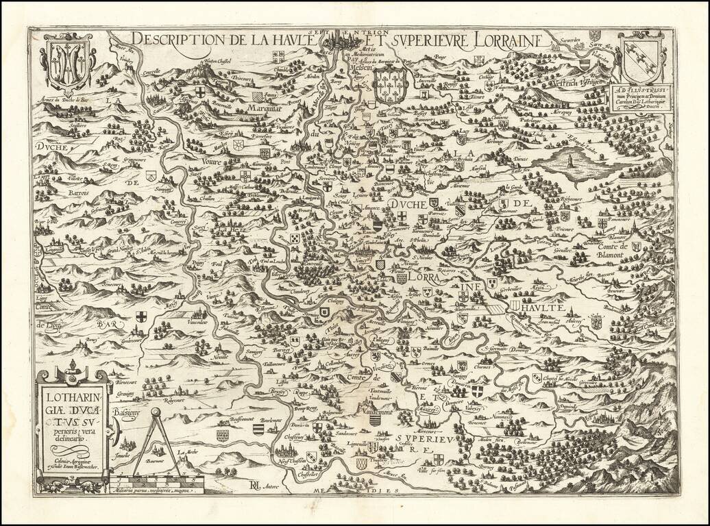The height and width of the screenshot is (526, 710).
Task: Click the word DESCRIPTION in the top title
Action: point(173,39)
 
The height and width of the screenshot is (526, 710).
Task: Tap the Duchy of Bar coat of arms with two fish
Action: point(66,64)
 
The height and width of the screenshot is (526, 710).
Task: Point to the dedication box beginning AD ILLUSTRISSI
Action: point(643,97)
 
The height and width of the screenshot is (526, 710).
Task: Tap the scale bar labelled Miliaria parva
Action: point(164,484)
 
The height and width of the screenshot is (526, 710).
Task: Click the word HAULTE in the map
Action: point(548,297)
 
